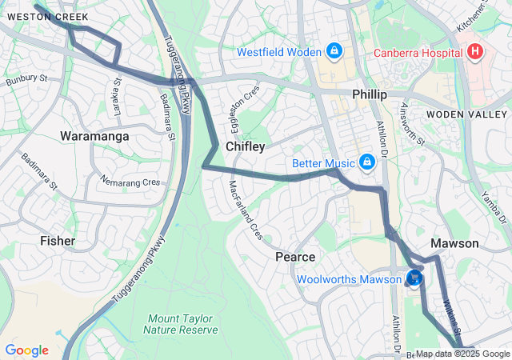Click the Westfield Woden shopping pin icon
click(x=334, y=52)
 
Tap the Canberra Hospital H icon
click(x=476, y=53)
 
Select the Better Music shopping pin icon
click(x=366, y=163)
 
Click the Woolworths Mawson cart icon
click(x=414, y=278)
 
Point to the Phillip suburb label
click(x=370, y=94)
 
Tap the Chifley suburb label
click(x=245, y=146)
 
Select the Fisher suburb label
click(x=58, y=240)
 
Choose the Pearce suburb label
click(x=295, y=257)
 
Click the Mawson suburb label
click(x=454, y=243)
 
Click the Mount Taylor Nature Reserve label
click(x=182, y=323)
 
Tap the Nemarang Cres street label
click(x=130, y=182)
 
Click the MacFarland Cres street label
click(x=246, y=210)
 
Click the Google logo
click(x=26, y=350)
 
